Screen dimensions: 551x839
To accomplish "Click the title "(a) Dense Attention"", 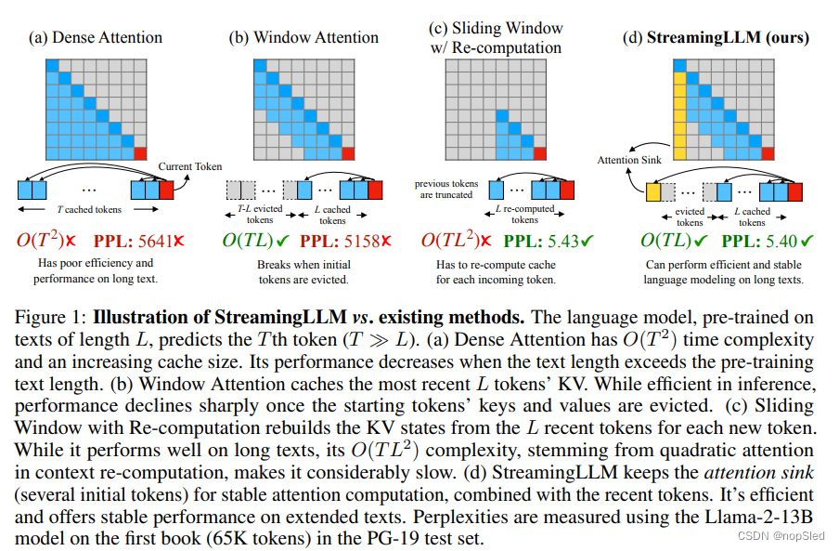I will coord(96,38).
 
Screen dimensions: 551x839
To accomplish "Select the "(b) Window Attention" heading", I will coord(304,38).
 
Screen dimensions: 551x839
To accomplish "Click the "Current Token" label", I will coord(189,166).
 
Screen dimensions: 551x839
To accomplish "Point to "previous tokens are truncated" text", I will coord(445,190).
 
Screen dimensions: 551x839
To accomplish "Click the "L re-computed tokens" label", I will coord(524,215).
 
